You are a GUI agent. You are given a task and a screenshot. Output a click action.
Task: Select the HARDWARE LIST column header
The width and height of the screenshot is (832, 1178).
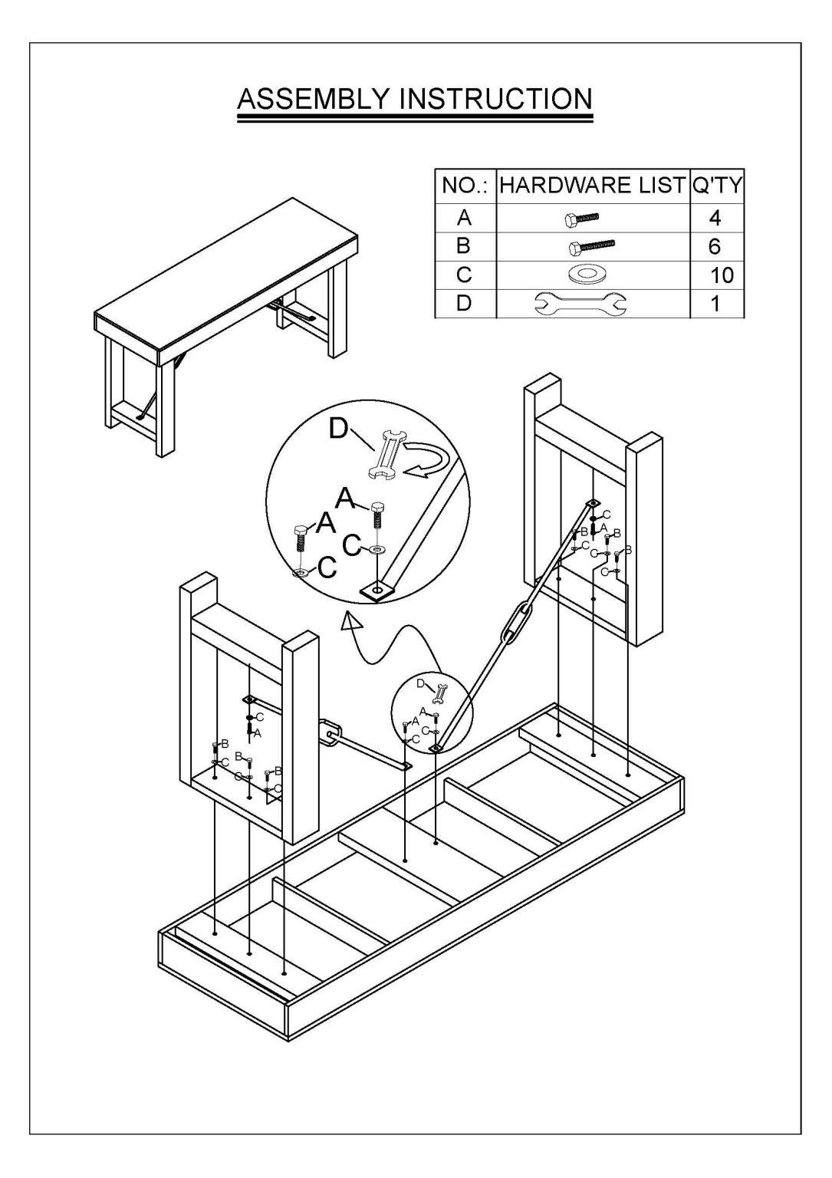(592, 186)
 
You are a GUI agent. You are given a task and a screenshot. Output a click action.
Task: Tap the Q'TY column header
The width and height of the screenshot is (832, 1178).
(716, 186)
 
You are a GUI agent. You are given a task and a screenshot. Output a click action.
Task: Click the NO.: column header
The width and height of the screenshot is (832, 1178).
(464, 186)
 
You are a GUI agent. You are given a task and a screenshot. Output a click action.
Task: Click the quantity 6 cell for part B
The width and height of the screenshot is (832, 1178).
(716, 247)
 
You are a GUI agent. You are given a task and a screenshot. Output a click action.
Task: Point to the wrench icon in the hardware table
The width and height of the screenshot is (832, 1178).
(592, 304)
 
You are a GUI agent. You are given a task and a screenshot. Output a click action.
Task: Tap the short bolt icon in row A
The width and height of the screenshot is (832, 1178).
(582, 219)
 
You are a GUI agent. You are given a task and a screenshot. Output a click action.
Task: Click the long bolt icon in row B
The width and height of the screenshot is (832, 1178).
(591, 247)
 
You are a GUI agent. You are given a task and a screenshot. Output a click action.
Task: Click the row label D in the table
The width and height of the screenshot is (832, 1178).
(464, 304)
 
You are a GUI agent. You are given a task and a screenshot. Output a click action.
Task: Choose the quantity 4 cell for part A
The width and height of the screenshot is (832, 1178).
(716, 219)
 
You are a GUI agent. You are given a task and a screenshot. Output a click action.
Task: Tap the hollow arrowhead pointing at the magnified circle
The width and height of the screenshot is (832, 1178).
(352, 623)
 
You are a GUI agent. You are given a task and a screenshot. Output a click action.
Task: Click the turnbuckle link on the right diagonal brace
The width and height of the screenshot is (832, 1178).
(515, 624)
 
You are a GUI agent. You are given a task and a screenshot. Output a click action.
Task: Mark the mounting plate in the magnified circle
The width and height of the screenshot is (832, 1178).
(377, 590)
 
